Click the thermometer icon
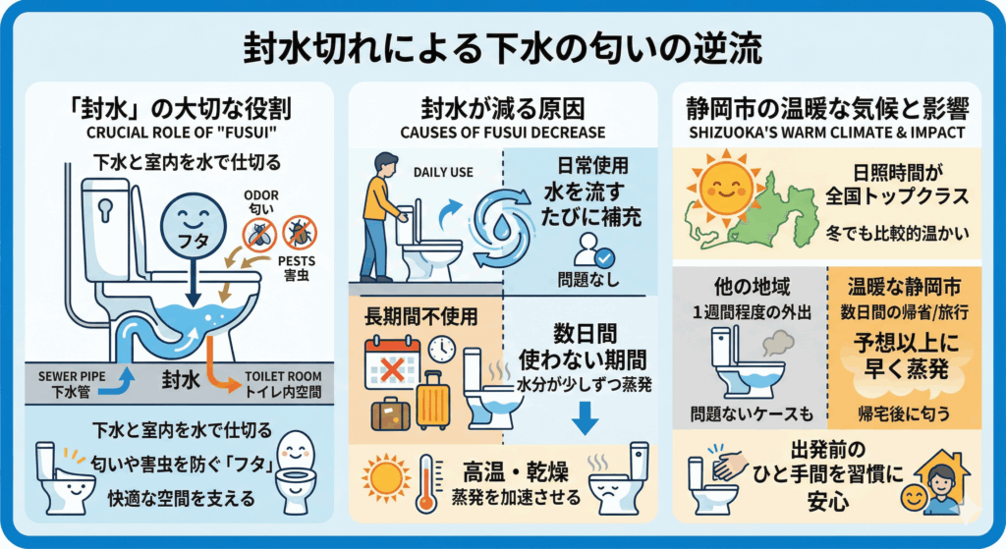point(425,481)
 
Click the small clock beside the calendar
point(441,349)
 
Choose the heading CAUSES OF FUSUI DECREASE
point(502,132)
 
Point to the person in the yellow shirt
point(383,211)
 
